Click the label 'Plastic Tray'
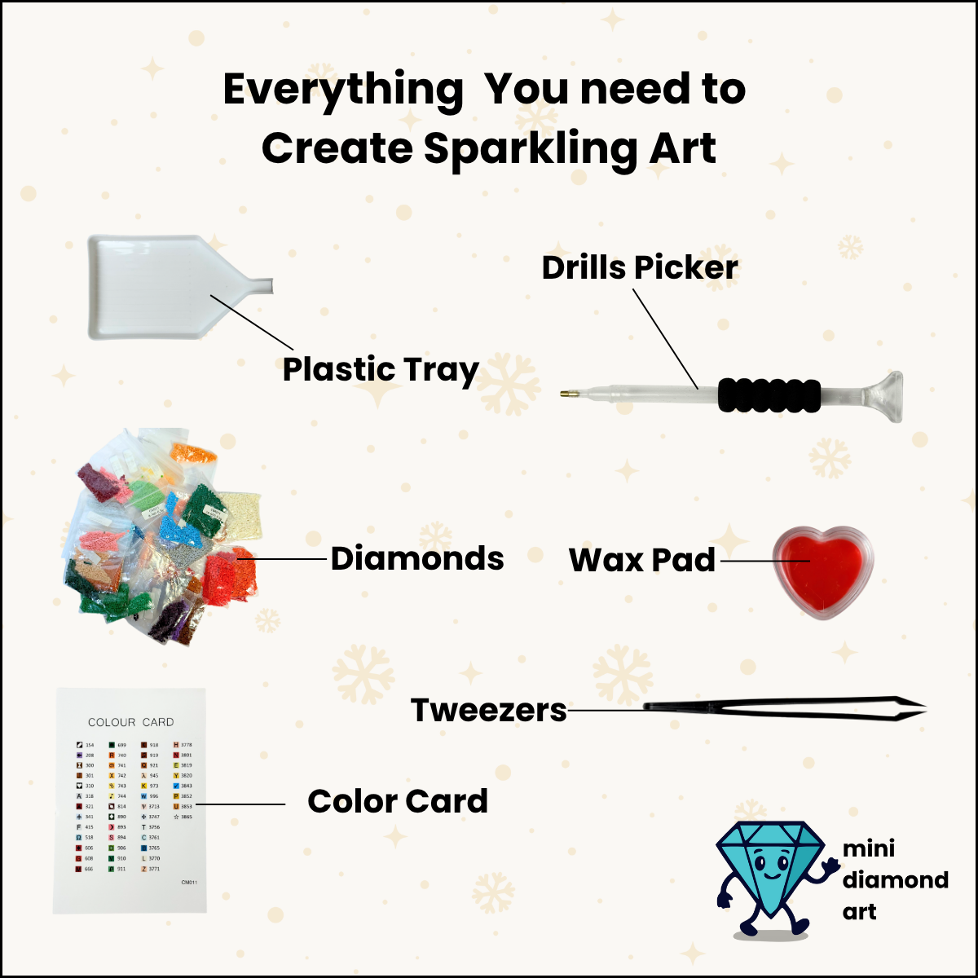click(381, 370)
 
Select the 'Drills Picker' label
click(640, 267)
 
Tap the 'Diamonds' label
click(417, 559)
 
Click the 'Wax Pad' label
click(642, 561)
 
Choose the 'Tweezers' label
click(488, 710)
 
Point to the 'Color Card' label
click(398, 802)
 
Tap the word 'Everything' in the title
click(343, 90)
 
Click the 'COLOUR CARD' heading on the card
click(130, 722)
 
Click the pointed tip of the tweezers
click(923, 708)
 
